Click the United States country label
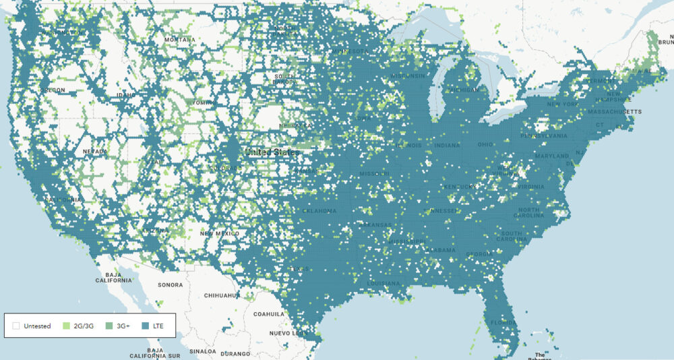click(272, 152)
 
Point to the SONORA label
click(170, 284)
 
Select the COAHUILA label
click(269, 313)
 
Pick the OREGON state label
click(53, 90)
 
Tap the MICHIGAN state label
click(466, 90)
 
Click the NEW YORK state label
click(562, 104)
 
